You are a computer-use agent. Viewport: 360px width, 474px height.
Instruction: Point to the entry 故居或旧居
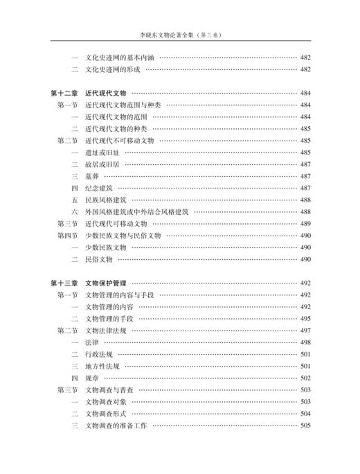(101, 164)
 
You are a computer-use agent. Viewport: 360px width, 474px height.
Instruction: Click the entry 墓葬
(91, 176)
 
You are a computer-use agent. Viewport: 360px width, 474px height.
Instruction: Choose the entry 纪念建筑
(96, 188)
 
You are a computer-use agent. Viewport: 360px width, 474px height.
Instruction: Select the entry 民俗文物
(96, 259)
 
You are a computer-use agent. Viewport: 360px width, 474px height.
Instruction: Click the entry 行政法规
(96, 354)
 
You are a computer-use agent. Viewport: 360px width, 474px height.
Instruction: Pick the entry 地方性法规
(101, 366)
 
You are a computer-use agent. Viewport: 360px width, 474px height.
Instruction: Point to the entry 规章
(91, 378)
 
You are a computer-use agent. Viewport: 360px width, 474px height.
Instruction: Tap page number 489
(305, 224)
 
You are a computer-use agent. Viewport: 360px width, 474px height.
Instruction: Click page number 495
(305, 319)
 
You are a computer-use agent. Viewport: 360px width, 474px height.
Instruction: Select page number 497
(305, 331)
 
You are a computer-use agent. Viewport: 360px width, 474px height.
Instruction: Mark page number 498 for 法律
(305, 342)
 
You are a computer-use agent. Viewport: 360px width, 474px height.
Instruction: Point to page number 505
(305, 425)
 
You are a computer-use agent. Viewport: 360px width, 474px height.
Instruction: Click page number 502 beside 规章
(305, 378)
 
